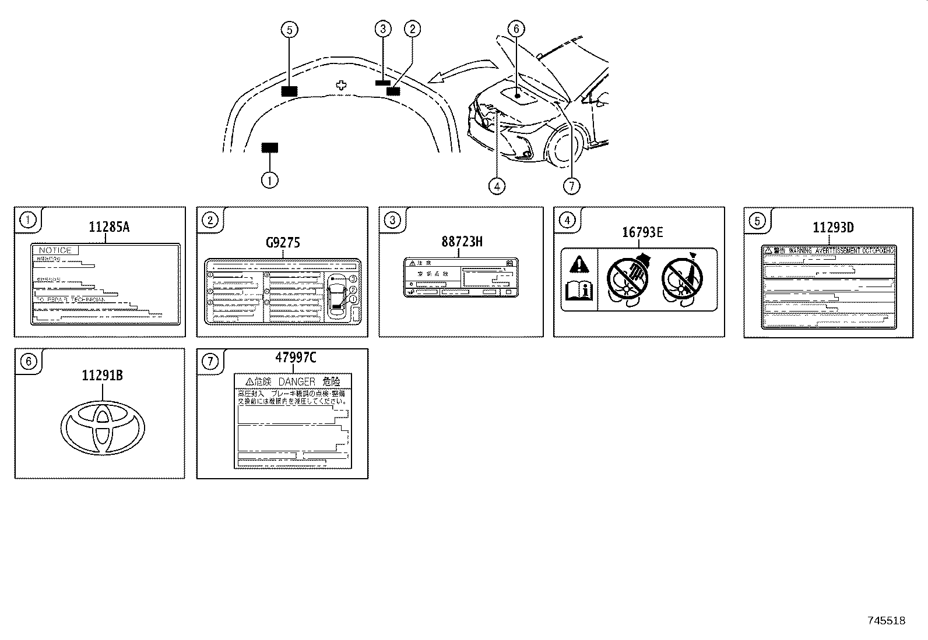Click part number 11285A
[109, 228]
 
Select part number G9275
[283, 242]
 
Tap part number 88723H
[462, 242]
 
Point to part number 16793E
[642, 233]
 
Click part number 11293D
[833, 228]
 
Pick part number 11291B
[102, 376]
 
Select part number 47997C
[296, 358]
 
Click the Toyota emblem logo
[103, 427]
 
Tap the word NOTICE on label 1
[55, 250]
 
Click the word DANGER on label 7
[297, 382]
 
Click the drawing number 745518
[886, 621]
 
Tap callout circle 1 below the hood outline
[269, 181]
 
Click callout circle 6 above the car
[516, 29]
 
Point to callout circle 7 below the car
[571, 186]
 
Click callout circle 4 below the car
[497, 186]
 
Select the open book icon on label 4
[579, 290]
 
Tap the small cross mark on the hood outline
[342, 85]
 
